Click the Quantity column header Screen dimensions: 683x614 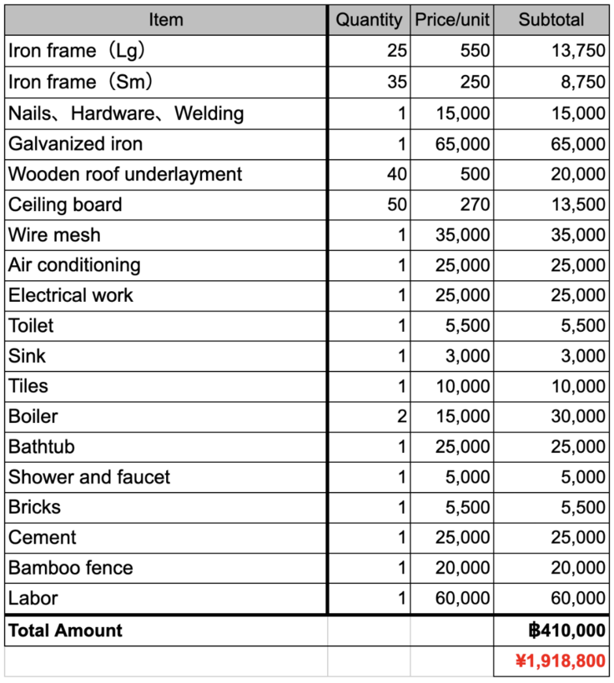pos(369,20)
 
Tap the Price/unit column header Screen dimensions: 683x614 pos(452,20)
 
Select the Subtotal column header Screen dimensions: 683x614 pos(551,20)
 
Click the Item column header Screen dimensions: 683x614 pos(165,20)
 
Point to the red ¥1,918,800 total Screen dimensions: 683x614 pos(561,661)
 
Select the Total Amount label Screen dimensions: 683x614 pos(65,630)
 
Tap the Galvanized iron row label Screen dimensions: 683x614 pos(76,144)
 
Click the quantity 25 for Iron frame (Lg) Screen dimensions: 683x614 pos(397,51)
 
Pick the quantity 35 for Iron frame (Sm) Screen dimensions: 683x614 pos(397,82)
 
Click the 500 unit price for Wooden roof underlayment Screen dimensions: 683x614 pos(475,174)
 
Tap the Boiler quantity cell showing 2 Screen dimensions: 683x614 pos(401,416)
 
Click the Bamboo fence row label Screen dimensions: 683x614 pos(71,568)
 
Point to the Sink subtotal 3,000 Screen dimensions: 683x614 pos(583,356)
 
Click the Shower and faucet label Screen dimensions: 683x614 pos(89,477)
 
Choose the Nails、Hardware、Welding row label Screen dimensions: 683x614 pos(126,113)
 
